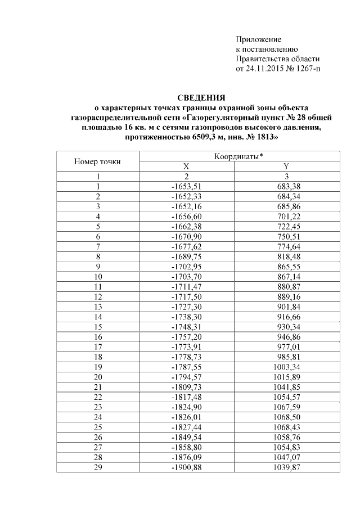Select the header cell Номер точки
[x=98, y=162]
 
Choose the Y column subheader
[x=287, y=167]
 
